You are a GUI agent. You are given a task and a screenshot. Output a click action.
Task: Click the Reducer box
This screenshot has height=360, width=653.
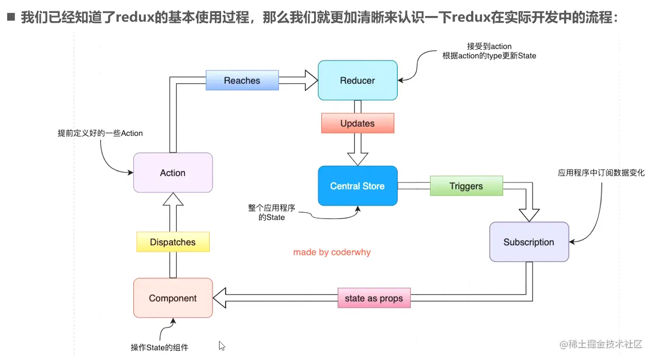coord(357,81)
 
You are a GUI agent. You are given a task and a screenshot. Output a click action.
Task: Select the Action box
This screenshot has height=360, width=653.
coord(173,173)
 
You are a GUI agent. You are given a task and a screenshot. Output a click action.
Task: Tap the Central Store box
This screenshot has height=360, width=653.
coord(357,186)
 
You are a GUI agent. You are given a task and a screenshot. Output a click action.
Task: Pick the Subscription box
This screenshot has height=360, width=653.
coord(529,242)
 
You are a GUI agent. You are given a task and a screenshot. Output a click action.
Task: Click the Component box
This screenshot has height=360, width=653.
coord(173,298)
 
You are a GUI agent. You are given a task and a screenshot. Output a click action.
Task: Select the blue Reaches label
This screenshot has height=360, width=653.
coord(242,80)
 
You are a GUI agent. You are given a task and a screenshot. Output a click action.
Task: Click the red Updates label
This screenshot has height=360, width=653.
coord(357,123)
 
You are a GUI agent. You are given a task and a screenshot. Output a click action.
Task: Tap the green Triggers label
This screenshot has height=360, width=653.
coord(467,186)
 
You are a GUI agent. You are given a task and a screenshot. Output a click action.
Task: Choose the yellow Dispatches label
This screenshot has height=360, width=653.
coord(173,242)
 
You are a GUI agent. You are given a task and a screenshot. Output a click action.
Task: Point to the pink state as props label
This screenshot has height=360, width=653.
coord(374,298)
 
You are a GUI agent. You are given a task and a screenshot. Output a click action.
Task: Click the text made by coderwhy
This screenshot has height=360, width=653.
coord(332,252)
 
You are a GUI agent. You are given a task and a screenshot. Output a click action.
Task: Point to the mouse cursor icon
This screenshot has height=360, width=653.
coord(222,346)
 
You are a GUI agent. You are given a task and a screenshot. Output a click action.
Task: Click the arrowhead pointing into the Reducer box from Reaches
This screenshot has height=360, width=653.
coord(312,80)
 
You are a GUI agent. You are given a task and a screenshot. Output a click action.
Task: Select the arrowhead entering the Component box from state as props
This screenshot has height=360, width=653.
coord(220,298)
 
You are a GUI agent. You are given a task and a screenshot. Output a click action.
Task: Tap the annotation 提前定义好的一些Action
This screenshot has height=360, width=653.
coord(100,133)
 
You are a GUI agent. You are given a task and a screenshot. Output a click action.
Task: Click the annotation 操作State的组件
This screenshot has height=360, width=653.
coord(160,348)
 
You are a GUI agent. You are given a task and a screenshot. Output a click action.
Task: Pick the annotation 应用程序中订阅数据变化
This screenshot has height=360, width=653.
coord(601,173)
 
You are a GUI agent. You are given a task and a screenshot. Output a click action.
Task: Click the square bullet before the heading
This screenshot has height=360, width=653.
coord(11,17)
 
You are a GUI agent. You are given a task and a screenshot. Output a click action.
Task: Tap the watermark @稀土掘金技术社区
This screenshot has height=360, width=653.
coord(601,345)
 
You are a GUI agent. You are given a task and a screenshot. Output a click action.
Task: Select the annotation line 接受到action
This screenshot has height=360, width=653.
coord(489,46)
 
